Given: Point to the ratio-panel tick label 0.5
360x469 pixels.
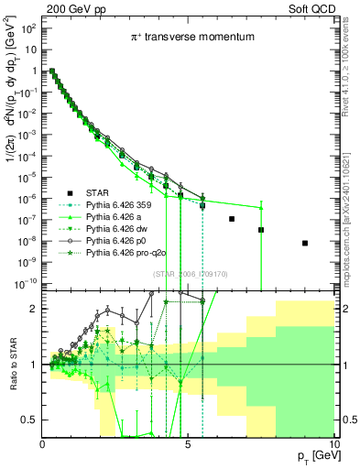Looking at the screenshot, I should (29, 420).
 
